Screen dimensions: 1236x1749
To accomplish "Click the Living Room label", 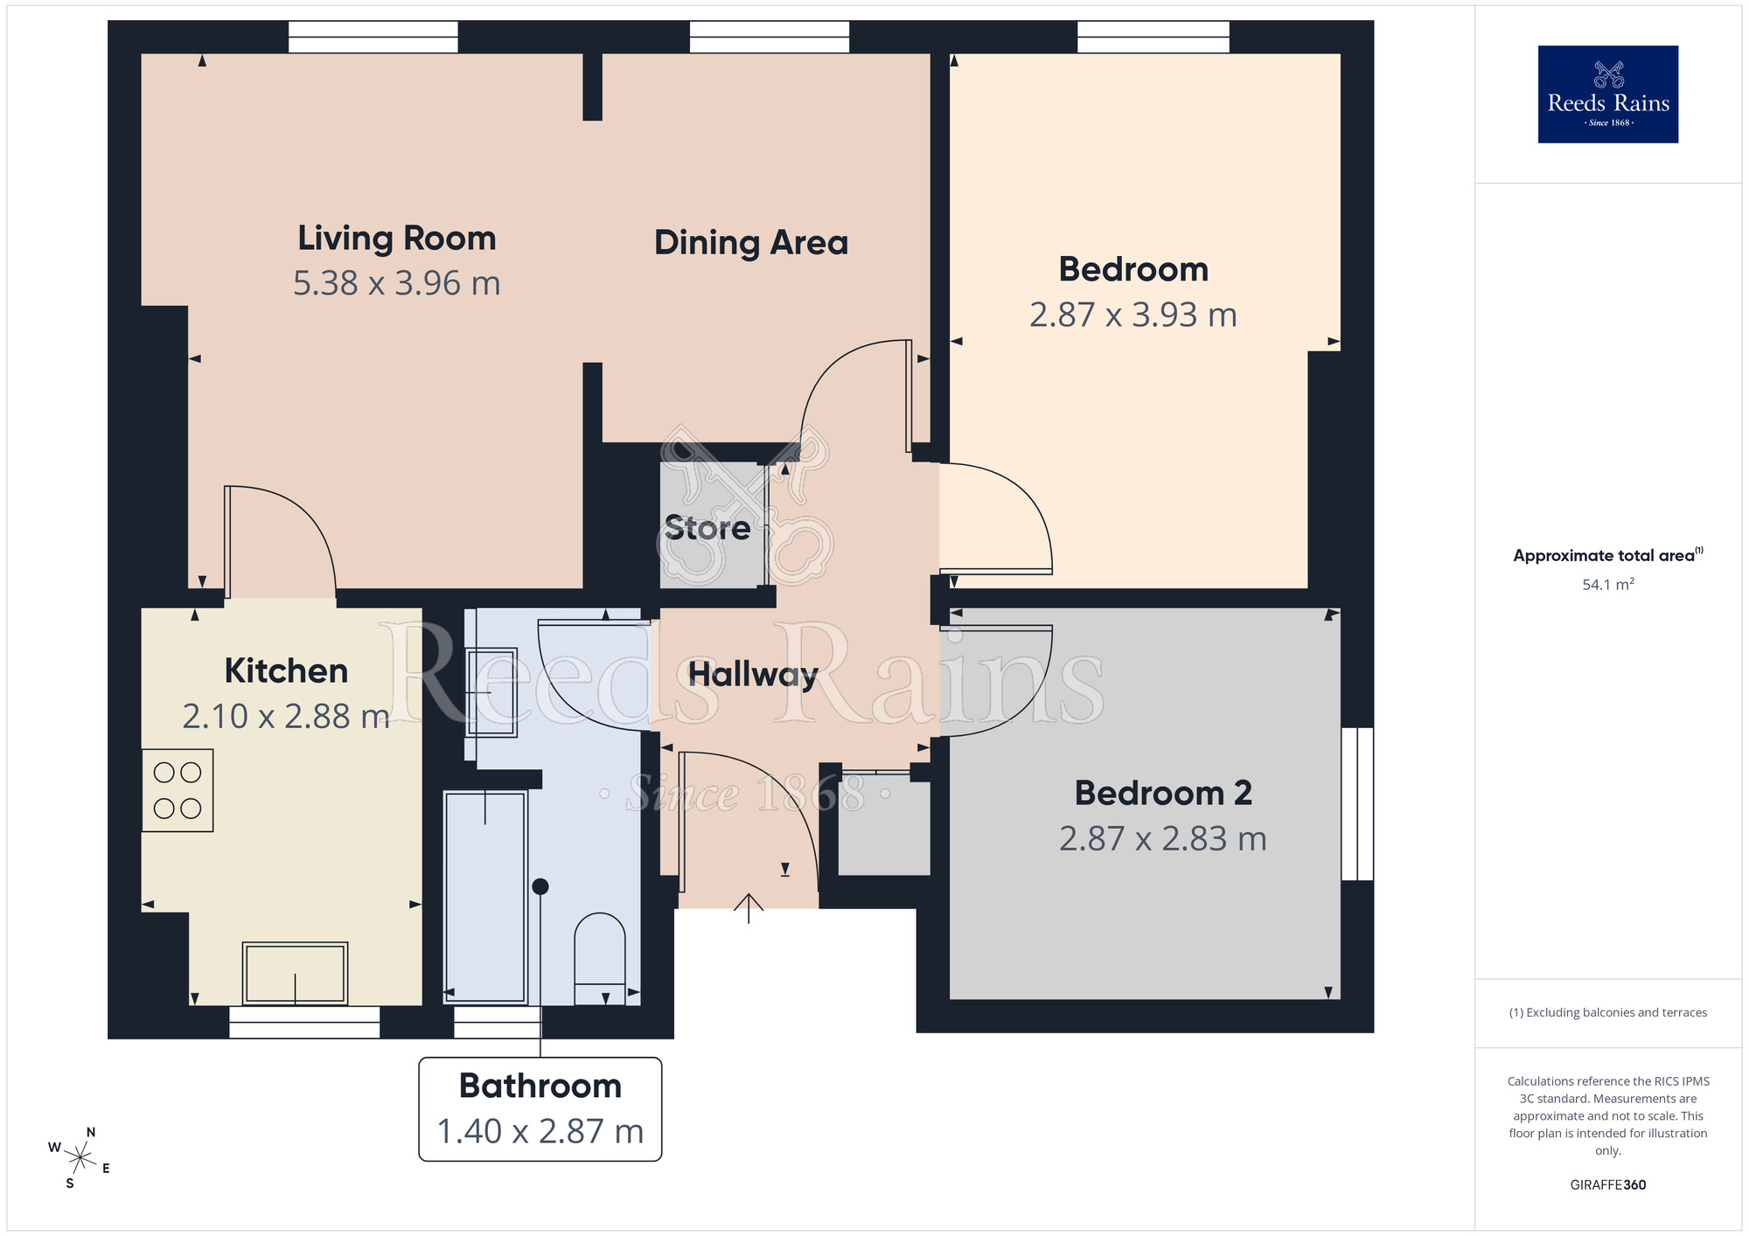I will (x=396, y=239).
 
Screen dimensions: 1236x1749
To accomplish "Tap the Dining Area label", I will (x=750, y=243).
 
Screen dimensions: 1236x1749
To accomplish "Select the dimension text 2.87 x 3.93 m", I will (x=1132, y=316).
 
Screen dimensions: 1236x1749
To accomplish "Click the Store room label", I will (x=707, y=528).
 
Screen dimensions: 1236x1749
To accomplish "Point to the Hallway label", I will (x=752, y=675).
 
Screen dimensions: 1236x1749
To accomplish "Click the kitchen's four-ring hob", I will (x=178, y=790).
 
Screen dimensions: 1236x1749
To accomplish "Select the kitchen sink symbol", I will (x=295, y=973).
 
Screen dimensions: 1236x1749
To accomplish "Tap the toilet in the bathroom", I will (x=599, y=957).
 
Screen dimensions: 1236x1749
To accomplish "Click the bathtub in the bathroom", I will (x=485, y=896).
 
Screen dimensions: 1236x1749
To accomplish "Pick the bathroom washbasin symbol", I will (x=491, y=691).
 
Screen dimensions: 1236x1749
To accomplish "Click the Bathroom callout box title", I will (x=540, y=1086).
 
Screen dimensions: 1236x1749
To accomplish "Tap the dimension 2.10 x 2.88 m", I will (x=285, y=717).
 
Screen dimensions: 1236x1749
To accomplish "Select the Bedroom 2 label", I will (x=1162, y=794).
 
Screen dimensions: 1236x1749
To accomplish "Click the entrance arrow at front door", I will (x=749, y=908).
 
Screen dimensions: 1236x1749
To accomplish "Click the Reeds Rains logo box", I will (x=1607, y=94).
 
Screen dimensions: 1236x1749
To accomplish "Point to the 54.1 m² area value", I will (x=1607, y=585).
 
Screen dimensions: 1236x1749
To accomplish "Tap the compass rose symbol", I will (x=80, y=1159).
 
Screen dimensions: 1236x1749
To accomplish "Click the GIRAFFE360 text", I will (x=1607, y=1185).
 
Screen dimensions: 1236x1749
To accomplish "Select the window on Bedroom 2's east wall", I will (x=1356, y=803).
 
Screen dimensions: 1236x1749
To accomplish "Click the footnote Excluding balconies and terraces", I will (x=1607, y=1013).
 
